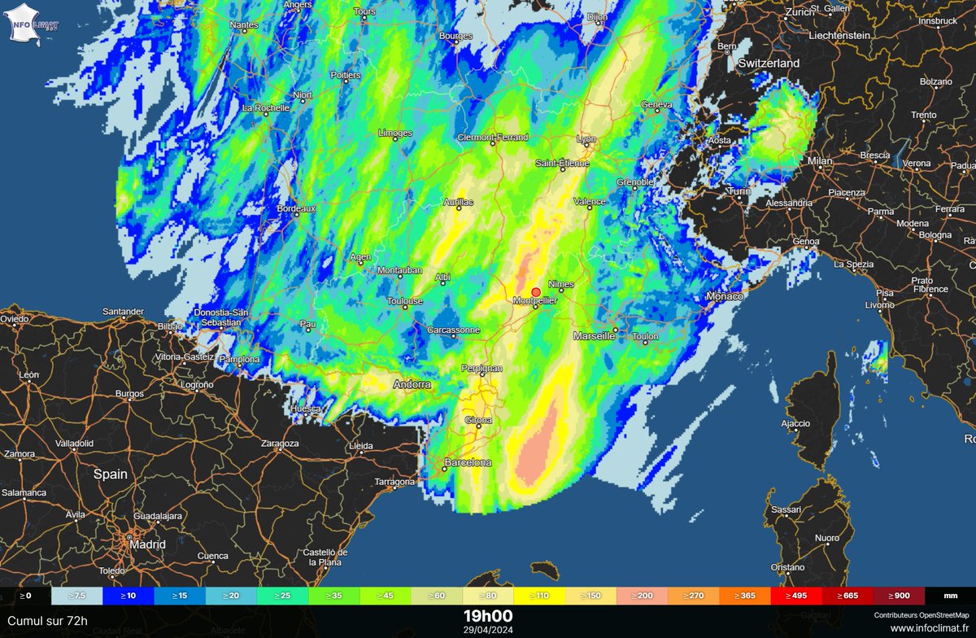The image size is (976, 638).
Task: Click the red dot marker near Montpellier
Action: coord(536,292)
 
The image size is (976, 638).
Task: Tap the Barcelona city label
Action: coord(467,462)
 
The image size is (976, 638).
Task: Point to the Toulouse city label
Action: coord(404,301)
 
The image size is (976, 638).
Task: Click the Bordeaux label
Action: coord(296,208)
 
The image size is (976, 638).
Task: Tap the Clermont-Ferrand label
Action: coord(493,138)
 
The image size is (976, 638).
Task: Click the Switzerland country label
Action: coord(769,63)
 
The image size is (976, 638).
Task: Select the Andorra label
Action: coord(412,384)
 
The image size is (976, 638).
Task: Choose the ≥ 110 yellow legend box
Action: coord(540,596)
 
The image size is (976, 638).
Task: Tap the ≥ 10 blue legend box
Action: coord(128,596)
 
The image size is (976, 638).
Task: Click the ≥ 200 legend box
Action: coord(643,596)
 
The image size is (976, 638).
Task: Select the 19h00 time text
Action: coord(488,614)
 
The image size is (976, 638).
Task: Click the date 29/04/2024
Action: coord(488,628)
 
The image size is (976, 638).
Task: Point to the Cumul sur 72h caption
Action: coord(46,621)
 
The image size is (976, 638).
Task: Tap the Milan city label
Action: coord(820,161)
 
